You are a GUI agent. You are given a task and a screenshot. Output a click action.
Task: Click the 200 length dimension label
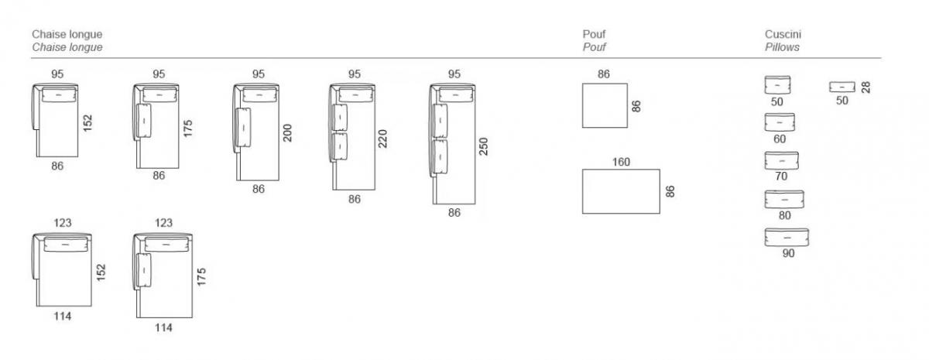pos(287,133)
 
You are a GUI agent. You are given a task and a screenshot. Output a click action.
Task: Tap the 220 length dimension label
pos(382,139)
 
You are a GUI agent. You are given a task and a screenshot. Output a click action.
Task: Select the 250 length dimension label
pos(484,146)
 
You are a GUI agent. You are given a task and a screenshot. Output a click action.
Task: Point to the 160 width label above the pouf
pos(621,162)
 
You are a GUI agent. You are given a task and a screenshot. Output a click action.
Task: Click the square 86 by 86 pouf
pos(605,105)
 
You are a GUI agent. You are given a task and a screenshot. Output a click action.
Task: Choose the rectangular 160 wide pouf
pos(621,191)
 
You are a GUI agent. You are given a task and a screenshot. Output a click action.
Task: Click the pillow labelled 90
pos(787,238)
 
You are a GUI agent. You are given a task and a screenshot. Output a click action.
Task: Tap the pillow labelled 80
pos(784,200)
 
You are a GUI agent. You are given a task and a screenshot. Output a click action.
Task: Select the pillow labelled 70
pos(782,161)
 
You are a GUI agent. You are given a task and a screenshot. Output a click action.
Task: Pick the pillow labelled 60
pos(780,122)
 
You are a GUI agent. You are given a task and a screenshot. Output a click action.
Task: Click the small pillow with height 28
pos(842,87)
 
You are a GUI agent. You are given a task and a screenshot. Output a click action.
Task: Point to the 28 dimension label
pos(866,87)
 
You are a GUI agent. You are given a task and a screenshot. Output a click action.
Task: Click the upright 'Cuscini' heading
pos(783,34)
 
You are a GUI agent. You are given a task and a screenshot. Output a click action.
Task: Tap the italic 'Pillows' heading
pos(782,47)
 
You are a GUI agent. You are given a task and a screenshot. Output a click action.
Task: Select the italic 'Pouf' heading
pos(595,47)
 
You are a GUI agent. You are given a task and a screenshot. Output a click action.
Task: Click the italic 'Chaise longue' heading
pos(67,47)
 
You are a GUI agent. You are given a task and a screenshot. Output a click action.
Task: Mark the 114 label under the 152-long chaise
pos(62,316)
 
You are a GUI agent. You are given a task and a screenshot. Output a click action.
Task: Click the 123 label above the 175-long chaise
pos(163,223)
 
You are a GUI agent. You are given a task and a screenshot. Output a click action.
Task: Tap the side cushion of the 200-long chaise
pos(242,127)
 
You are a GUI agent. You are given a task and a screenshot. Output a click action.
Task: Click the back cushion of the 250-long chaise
pos(455,95)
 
